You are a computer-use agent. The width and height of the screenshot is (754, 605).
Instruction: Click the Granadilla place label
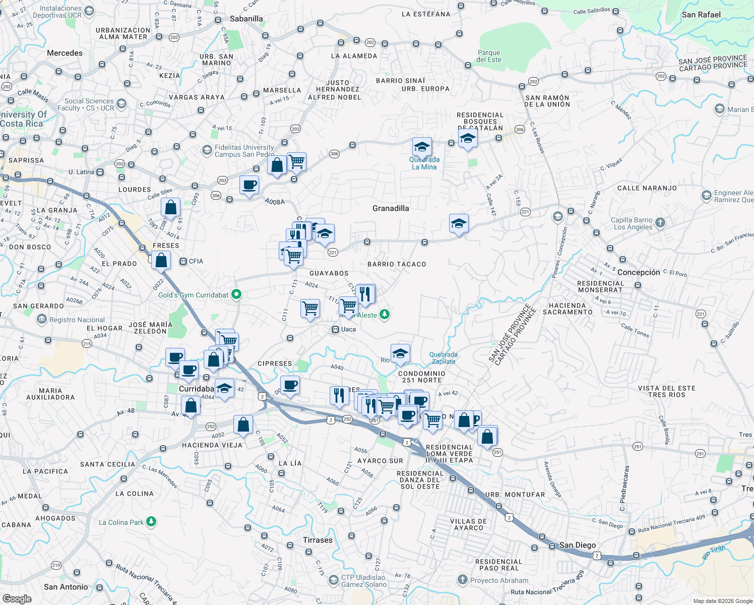(391, 208)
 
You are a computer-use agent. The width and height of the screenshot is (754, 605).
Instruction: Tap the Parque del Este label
(489, 56)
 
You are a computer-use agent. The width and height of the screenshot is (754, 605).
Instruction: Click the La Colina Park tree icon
(151, 522)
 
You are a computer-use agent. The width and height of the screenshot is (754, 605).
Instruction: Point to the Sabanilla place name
(246, 19)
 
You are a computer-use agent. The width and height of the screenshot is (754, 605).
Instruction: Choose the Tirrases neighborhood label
(318, 540)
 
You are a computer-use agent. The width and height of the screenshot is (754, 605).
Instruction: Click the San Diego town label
(578, 545)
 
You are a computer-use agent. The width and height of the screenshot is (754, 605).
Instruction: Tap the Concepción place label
(639, 272)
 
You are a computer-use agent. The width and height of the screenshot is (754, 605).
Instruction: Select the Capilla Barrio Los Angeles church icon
(660, 222)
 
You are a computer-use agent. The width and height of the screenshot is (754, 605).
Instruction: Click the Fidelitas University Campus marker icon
(207, 150)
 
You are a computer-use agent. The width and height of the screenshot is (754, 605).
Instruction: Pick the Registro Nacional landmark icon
(41, 319)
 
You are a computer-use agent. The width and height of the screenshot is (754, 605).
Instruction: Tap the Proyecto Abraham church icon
(462, 580)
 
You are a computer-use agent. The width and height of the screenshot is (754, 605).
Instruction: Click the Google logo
(17, 598)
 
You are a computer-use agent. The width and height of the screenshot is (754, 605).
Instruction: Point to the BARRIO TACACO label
(397, 264)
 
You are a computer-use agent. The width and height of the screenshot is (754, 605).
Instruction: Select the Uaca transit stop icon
(335, 329)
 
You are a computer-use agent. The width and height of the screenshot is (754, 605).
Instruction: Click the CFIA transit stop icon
(182, 261)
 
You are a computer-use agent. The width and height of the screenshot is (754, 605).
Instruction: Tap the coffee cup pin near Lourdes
(249, 185)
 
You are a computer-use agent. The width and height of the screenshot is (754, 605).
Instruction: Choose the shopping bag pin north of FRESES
(171, 207)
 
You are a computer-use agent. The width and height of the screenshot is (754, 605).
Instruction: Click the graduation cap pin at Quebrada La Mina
(421, 147)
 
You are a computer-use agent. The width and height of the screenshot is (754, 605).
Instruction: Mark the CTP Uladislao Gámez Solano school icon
(333, 580)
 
